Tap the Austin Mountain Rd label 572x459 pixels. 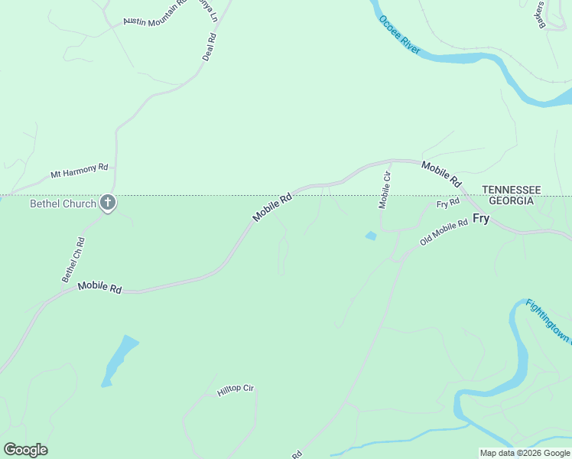(154, 15)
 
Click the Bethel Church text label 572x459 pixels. (63, 203)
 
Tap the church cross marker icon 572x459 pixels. (108, 203)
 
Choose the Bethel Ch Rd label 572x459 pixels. (73, 259)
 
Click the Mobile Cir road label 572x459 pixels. (385, 190)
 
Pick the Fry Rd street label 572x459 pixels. (448, 203)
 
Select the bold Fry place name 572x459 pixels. (481, 218)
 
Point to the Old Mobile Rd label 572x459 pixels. (444, 233)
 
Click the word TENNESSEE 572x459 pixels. (511, 190)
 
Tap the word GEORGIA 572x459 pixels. (511, 200)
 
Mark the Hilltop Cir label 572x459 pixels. (235, 389)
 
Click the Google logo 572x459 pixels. (25, 450)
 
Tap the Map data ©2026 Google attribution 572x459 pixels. (525, 453)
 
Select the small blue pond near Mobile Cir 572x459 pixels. (372, 236)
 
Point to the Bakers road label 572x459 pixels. (541, 14)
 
